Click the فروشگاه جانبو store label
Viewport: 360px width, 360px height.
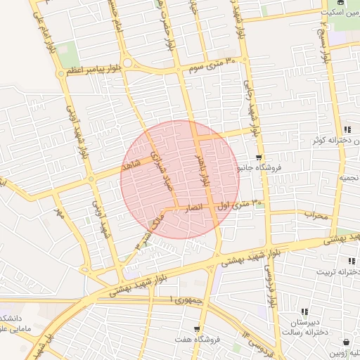pyautogui.click(x=260, y=168)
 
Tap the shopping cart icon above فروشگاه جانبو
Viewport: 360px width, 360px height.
pyautogui.click(x=260, y=157)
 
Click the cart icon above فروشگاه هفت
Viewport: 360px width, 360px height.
pyautogui.click(x=197, y=328)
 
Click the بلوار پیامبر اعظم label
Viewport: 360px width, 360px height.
pyautogui.click(x=96, y=70)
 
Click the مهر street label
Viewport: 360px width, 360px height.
pyautogui.click(x=60, y=214)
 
